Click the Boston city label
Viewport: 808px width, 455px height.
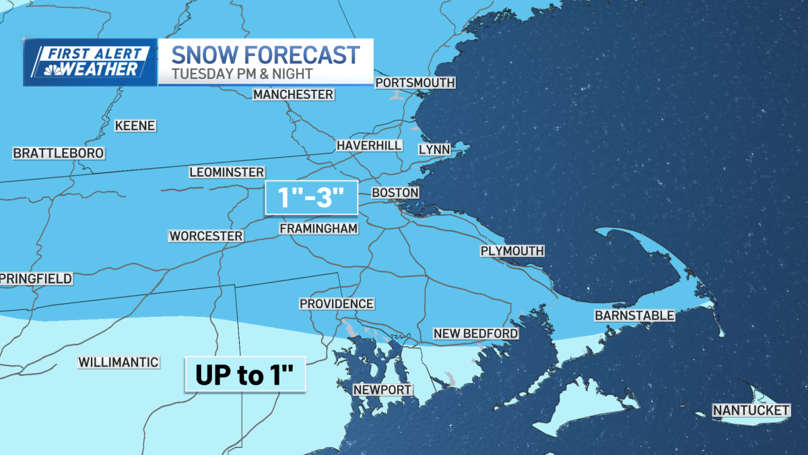(395, 193)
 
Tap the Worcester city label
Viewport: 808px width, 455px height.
(205, 236)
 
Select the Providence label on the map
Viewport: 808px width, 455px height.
(337, 304)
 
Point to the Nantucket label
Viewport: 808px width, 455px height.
(751, 410)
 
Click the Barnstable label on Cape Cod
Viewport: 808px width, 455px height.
(634, 315)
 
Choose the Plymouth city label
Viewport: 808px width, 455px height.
(512, 251)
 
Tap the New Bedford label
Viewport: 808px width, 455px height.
(475, 334)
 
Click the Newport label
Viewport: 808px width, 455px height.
(382, 390)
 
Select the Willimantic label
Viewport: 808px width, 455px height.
(119, 362)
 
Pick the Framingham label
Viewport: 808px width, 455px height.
(318, 229)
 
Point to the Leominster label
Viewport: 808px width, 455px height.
(227, 173)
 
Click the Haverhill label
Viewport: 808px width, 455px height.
(370, 146)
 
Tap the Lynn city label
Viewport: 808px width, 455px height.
(434, 150)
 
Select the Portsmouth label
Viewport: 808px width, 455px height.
(415, 83)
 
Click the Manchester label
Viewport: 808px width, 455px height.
(293, 94)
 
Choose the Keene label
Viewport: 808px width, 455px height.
(135, 126)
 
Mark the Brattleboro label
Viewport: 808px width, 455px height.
(59, 154)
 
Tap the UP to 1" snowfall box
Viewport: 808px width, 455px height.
(246, 375)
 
